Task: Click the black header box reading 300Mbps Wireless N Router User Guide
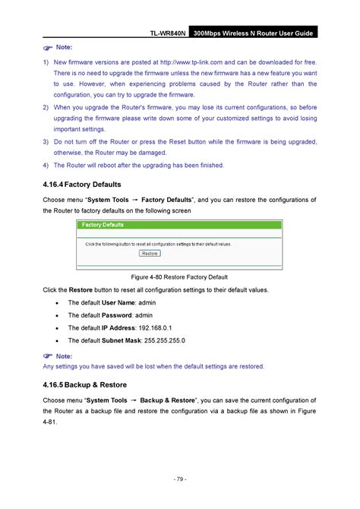(253, 34)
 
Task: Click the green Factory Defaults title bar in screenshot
(180, 226)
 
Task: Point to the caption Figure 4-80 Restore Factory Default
(180, 277)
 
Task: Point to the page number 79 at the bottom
(180, 479)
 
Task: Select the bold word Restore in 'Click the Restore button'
(81, 290)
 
